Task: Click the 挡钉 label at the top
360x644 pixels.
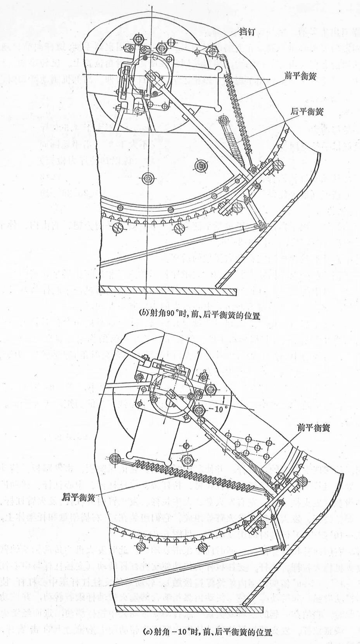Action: pos(246,32)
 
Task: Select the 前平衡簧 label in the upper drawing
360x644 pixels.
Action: pos(300,76)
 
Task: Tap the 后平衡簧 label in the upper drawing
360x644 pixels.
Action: pos(307,112)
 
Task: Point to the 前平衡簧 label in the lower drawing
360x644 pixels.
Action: pos(313,428)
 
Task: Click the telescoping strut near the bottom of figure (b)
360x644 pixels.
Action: pos(229,233)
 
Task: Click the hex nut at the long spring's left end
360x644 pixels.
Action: pos(115,459)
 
